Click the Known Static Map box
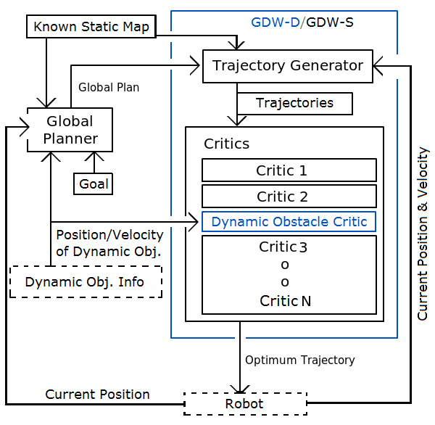point(91,27)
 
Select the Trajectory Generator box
point(287,66)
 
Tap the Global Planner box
point(70,130)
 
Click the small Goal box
point(93,184)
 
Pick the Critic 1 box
point(289,170)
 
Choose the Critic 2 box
point(289,197)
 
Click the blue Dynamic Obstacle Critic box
point(289,222)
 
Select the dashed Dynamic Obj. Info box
point(86,282)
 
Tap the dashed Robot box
point(245,404)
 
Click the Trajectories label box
point(294,103)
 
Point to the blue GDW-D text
point(275,22)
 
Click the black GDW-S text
point(330,22)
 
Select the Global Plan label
point(109,87)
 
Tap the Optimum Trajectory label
point(299,360)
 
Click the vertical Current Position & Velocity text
point(423,234)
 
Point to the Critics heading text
point(226,144)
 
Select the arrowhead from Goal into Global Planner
point(94,156)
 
